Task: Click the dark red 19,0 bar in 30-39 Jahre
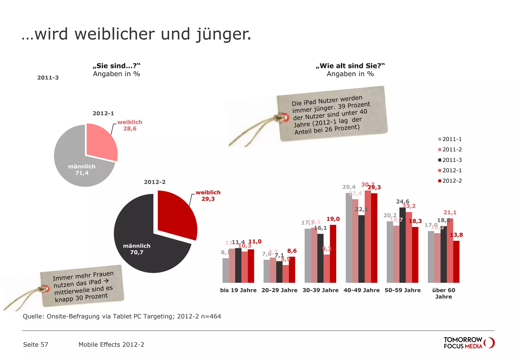tap(333, 254)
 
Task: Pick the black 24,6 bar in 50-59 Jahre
tap(402, 245)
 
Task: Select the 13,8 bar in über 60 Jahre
tap(456, 261)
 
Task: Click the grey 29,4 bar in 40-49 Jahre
tap(349, 238)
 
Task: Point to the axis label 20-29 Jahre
tap(279, 290)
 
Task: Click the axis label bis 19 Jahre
tap(238, 290)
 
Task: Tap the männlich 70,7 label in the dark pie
tap(137, 249)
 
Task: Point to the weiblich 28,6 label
tap(129, 125)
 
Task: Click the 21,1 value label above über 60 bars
tap(450, 212)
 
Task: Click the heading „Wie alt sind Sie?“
tap(350, 66)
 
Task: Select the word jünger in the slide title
tap(223, 34)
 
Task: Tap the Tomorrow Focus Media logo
tap(468, 343)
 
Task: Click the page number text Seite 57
tap(36, 345)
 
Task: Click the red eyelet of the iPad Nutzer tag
tap(286, 118)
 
